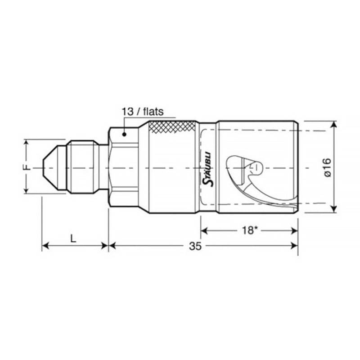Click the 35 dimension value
pos(195,246)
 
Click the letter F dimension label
pos(27,167)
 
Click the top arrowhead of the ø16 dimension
pos(333,125)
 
